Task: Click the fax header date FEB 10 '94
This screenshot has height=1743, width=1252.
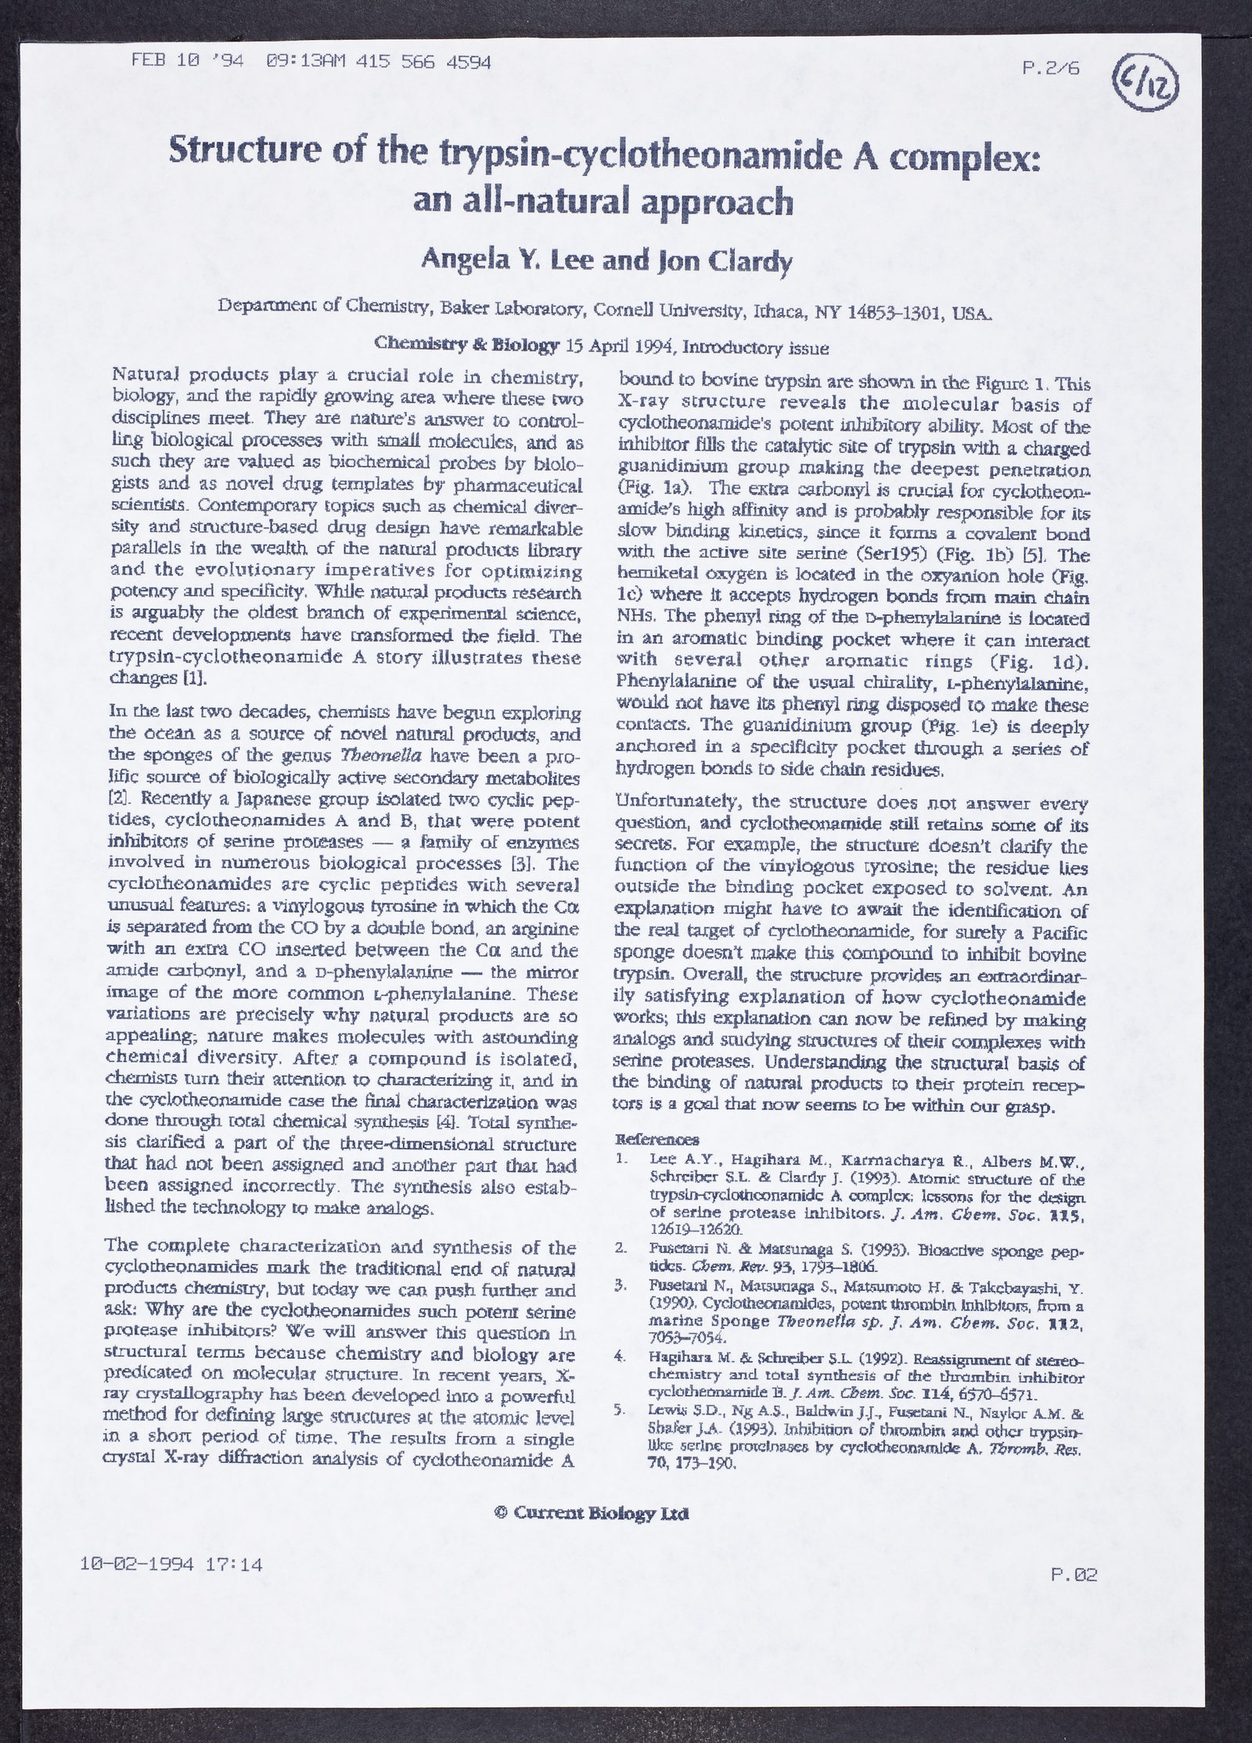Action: click(187, 62)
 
